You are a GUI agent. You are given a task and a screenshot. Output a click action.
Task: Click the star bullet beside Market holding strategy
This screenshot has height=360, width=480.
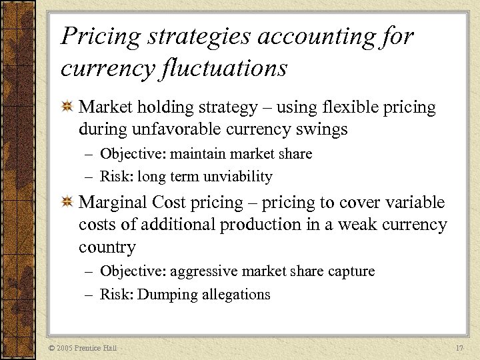67,107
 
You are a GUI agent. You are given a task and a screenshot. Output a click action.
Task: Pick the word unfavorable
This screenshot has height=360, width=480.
187,129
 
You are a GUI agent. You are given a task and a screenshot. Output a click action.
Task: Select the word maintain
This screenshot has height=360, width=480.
195,154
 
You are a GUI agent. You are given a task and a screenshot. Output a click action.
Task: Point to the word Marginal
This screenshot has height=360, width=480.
113,203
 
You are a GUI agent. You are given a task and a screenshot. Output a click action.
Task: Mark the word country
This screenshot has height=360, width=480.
107,247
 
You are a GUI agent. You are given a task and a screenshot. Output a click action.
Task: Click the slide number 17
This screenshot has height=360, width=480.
459,348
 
